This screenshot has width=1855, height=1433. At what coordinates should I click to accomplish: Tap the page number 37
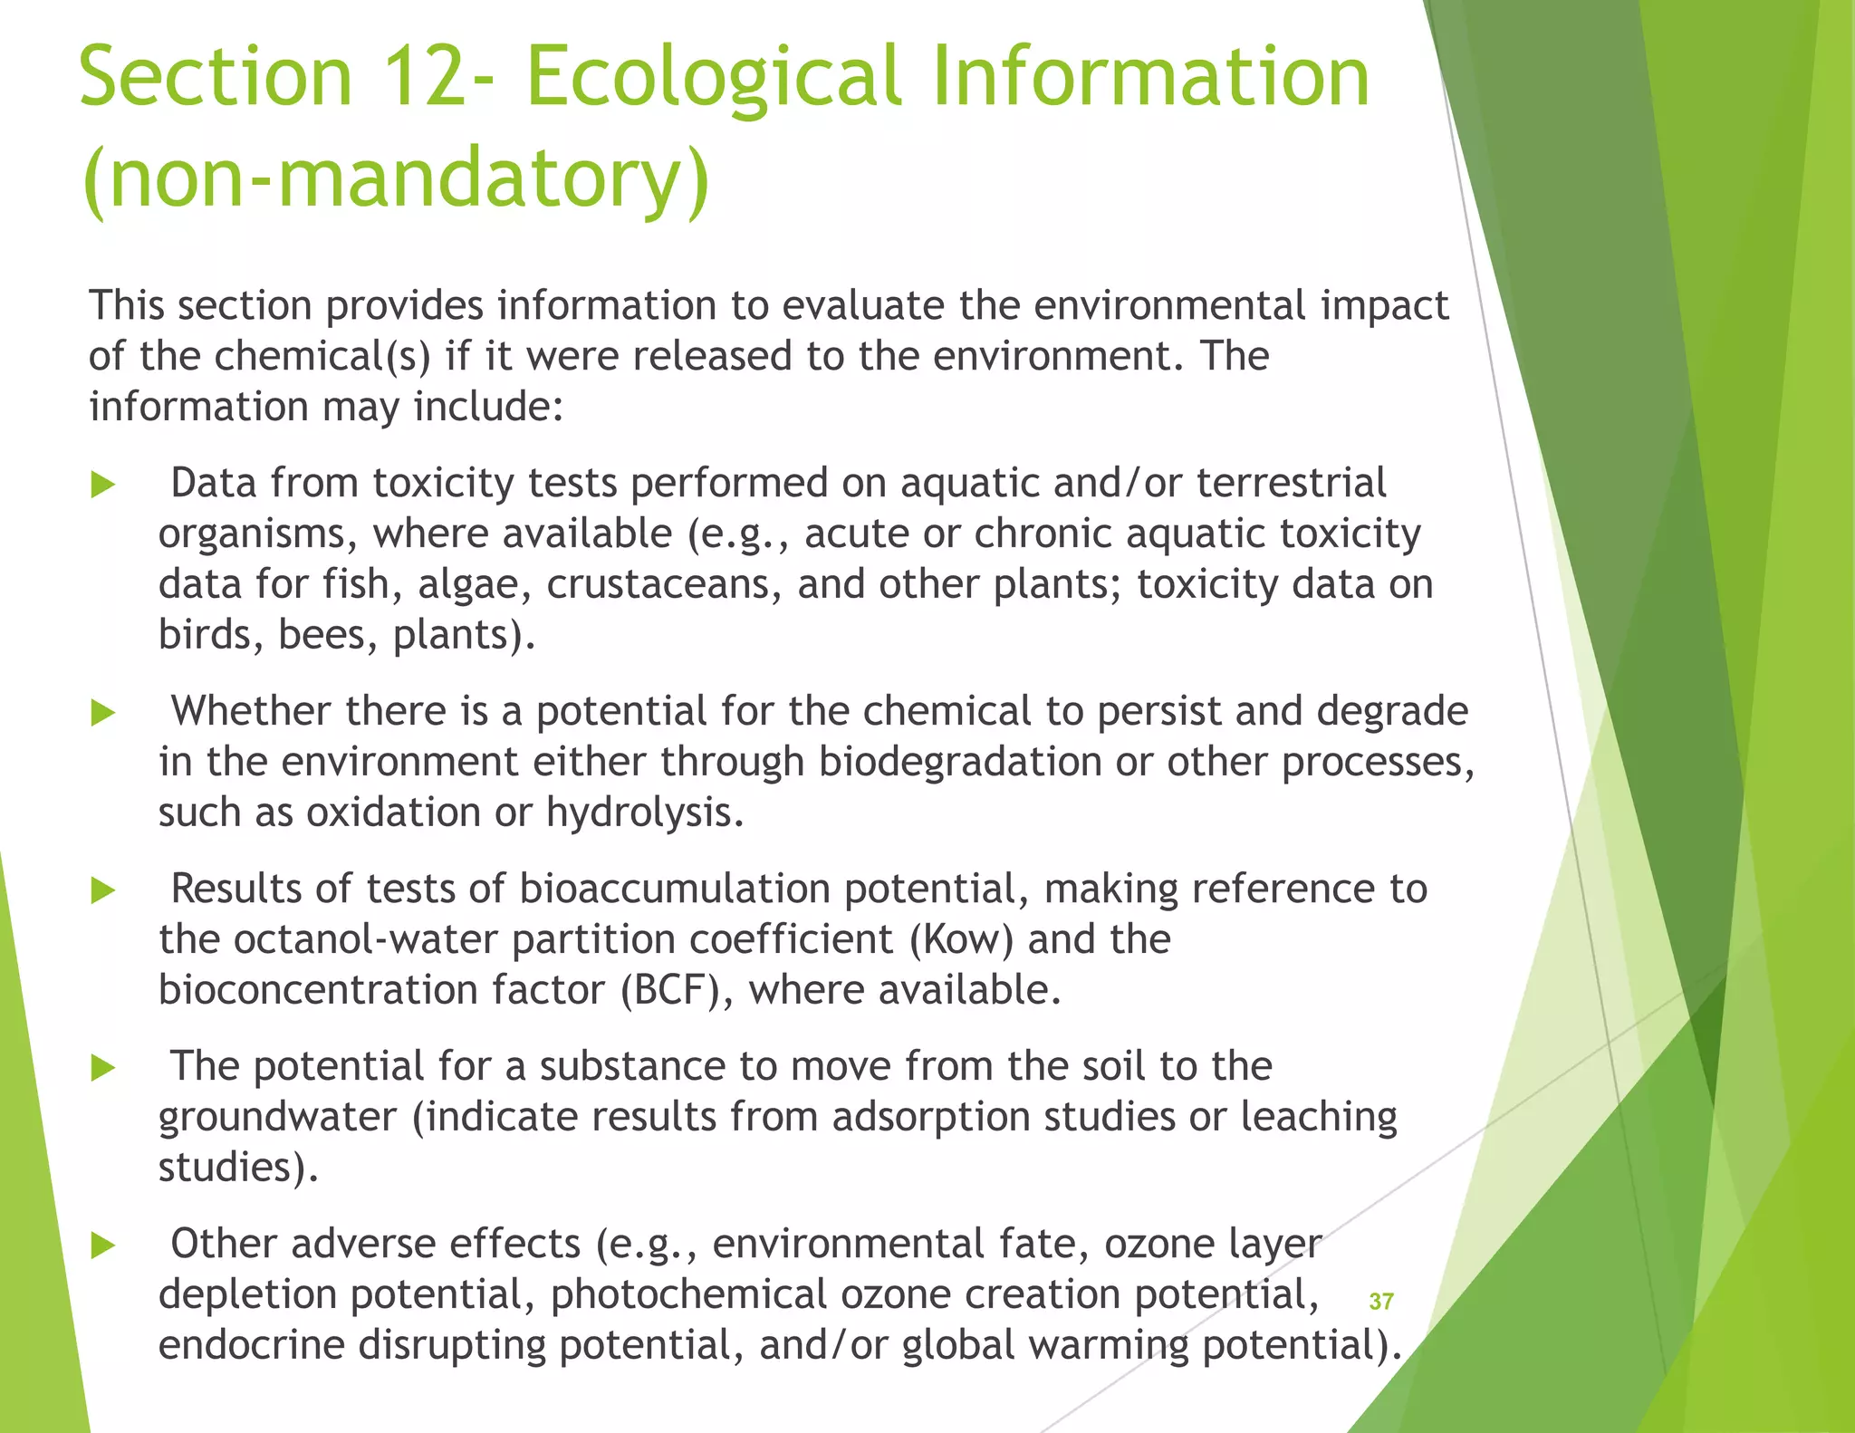(x=1380, y=1302)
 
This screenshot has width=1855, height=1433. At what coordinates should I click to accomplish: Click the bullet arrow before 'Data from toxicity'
(x=103, y=486)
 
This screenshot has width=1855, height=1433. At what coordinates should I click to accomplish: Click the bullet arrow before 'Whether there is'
(x=103, y=714)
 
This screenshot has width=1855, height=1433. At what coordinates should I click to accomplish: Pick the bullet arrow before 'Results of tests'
(x=103, y=891)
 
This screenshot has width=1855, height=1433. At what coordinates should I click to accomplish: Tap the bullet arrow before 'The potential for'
(x=103, y=1069)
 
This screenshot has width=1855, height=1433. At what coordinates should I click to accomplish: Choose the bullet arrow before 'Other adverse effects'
(x=103, y=1246)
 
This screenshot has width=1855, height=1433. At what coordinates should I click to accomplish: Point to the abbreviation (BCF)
(x=669, y=990)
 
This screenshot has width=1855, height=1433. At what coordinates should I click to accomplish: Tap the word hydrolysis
(x=644, y=813)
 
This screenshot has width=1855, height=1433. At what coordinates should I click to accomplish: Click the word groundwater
(x=278, y=1117)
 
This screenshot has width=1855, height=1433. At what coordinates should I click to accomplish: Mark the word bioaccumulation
(x=675, y=889)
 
